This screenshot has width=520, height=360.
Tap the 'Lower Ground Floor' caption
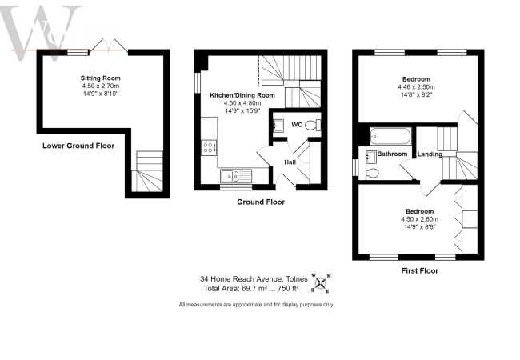click(x=78, y=146)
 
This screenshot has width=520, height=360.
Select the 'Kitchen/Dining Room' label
click(x=242, y=95)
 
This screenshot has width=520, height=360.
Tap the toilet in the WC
click(x=318, y=125)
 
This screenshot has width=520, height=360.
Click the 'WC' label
click(x=296, y=125)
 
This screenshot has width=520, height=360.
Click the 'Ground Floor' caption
click(x=260, y=202)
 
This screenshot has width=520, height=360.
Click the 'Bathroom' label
click(x=393, y=154)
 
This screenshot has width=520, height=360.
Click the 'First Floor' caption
click(x=419, y=272)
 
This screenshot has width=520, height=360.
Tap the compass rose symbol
click(x=321, y=281)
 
